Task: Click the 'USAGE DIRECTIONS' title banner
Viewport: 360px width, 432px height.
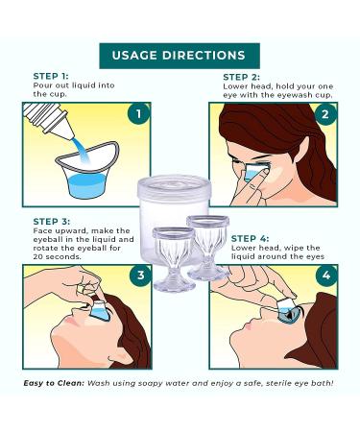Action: pos(179,55)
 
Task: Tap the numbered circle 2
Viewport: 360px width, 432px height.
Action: pos(325,115)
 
